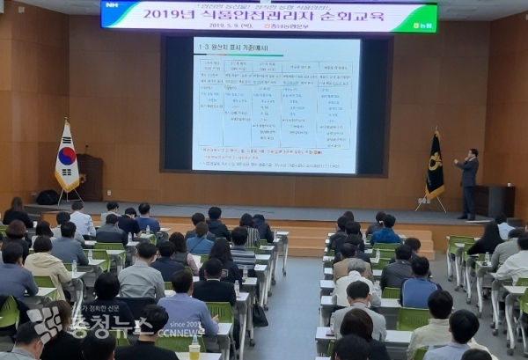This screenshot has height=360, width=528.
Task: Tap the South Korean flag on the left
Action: pyautogui.click(x=67, y=158)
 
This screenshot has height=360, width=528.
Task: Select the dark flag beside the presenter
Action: pyautogui.click(x=435, y=167)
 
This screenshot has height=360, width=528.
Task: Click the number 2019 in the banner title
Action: pyautogui.click(x=188, y=14)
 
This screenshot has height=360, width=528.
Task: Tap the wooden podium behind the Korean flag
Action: pyautogui.click(x=90, y=177)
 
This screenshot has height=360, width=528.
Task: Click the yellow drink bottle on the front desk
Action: pyautogui.click(x=194, y=349)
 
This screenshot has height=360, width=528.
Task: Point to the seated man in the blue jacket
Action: pyautogui.click(x=419, y=284)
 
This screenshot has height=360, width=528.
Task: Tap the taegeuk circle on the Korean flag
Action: pyautogui.click(x=66, y=157)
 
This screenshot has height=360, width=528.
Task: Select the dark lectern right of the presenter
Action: pyautogui.click(x=495, y=201)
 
